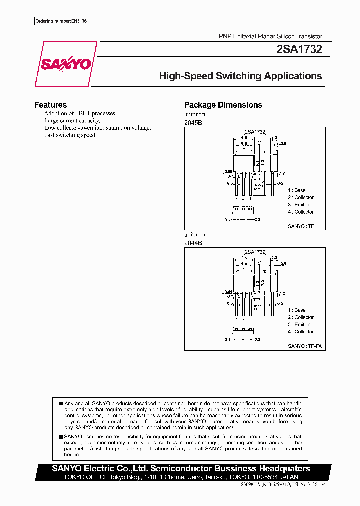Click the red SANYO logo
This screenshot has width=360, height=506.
pos(65,64)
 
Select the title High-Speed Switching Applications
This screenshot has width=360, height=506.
pos(240,76)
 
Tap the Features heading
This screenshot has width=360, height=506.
pos(50,105)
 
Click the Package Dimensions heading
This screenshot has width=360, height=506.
pos(223,105)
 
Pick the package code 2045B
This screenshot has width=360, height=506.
pos(193,122)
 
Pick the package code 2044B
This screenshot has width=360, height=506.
pos(193,243)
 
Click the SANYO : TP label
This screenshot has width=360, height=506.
pos(301,226)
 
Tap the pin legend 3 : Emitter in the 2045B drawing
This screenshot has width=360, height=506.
pos(299,204)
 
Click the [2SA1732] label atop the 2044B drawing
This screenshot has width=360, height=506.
pos(255,252)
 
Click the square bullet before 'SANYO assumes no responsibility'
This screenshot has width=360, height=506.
pos(61,436)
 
